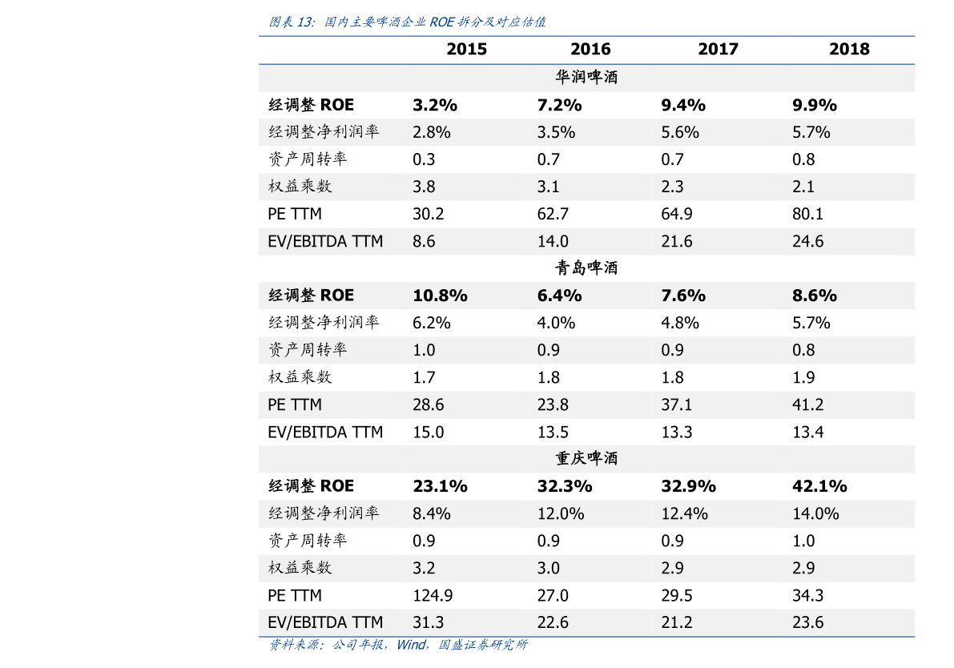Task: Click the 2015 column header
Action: click(x=467, y=50)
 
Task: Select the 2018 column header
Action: click(x=849, y=50)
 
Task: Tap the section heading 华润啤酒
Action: click(x=586, y=77)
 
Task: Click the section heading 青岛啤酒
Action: click(x=586, y=268)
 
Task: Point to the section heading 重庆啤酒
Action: click(x=586, y=458)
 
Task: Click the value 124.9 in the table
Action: click(x=433, y=595)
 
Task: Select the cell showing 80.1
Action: click(x=808, y=214)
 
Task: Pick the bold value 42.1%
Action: click(x=819, y=486)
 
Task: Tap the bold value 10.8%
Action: click(x=440, y=296)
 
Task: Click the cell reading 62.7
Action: click(x=553, y=214)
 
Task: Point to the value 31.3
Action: click(x=429, y=622)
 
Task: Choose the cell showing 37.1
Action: click(x=677, y=404)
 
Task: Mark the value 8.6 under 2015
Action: click(x=424, y=242)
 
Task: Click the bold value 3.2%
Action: click(x=435, y=105)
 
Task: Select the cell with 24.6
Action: click(x=808, y=242)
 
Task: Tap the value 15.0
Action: click(x=429, y=432)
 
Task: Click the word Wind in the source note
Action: click(x=411, y=645)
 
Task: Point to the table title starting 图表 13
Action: click(x=407, y=22)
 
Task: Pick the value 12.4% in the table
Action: click(x=685, y=513)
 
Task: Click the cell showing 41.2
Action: click(x=808, y=404)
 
